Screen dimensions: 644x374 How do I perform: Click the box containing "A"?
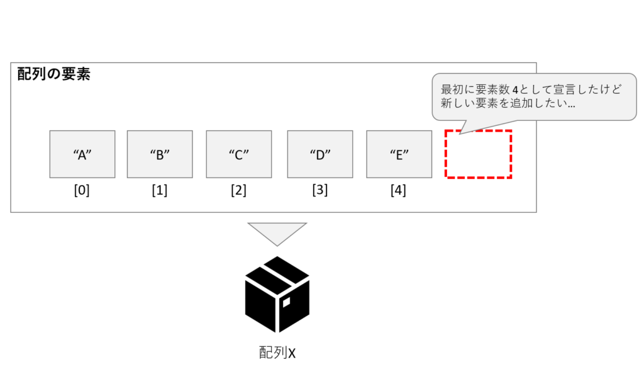click(82, 154)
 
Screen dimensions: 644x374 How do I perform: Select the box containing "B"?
click(160, 154)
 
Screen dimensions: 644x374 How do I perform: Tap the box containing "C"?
click(238, 154)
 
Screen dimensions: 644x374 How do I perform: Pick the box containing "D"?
click(320, 154)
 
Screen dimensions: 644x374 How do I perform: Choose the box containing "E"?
click(399, 154)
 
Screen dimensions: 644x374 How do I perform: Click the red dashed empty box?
click(446, 154)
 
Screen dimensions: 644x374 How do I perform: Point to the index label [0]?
click(82, 190)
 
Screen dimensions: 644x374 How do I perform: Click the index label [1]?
click(159, 190)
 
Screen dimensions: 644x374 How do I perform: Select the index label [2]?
click(238, 190)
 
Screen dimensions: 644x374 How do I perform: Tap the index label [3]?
click(320, 190)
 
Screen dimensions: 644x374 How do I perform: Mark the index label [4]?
click(398, 190)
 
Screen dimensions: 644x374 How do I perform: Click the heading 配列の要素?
click(54, 74)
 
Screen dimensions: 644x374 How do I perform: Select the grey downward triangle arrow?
click(277, 232)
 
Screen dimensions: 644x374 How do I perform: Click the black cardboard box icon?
click(277, 294)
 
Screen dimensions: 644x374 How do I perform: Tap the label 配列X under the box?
click(277, 353)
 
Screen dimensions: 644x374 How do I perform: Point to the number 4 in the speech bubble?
click(515, 89)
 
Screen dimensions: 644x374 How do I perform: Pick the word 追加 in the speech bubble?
click(533, 103)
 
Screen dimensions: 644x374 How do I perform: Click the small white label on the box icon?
click(286, 302)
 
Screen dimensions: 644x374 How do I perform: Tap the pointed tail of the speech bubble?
click(460, 133)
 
